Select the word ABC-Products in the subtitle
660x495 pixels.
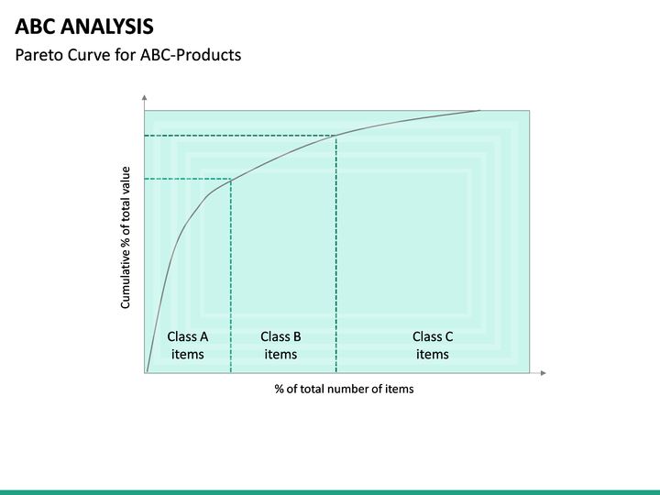click(x=191, y=55)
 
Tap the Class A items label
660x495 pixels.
click(x=188, y=346)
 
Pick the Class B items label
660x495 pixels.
click(x=280, y=346)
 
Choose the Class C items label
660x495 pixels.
click(x=432, y=346)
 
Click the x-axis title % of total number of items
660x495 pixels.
click(x=344, y=389)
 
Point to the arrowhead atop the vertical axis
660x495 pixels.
click(x=145, y=97)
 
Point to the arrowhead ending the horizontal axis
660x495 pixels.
click(x=543, y=373)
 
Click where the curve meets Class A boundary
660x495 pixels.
click(x=230, y=179)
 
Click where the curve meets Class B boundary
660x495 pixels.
click(x=336, y=136)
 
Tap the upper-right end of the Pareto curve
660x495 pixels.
click(x=479, y=110)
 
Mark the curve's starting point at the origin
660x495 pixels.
click(x=146, y=372)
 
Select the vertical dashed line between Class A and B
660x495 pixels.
click(x=230, y=275)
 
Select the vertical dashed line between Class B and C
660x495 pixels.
click(x=336, y=257)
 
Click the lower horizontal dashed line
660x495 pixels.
click(x=188, y=179)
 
